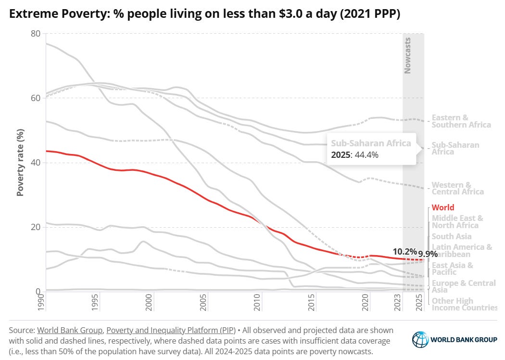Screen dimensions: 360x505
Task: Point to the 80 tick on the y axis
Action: click(x=35, y=34)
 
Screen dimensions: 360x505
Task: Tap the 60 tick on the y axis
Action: click(x=35, y=98)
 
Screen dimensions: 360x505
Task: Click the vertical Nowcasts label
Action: click(x=407, y=55)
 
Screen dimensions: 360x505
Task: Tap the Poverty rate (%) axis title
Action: click(x=20, y=162)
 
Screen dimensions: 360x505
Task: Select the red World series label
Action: click(x=443, y=208)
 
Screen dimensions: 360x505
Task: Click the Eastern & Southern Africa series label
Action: click(x=461, y=121)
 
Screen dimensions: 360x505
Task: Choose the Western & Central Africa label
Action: click(x=457, y=188)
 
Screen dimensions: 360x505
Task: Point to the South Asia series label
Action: click(x=452, y=236)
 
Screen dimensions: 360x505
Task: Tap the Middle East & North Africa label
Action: click(x=457, y=222)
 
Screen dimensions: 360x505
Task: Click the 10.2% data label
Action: click(x=404, y=251)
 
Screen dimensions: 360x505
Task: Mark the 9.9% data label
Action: click(x=427, y=253)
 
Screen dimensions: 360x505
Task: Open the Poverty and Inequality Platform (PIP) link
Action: click(x=171, y=331)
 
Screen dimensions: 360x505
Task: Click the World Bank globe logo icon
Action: click(x=420, y=339)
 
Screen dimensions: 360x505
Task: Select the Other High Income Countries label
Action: click(x=464, y=305)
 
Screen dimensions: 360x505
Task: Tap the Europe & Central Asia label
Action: click(x=463, y=286)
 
